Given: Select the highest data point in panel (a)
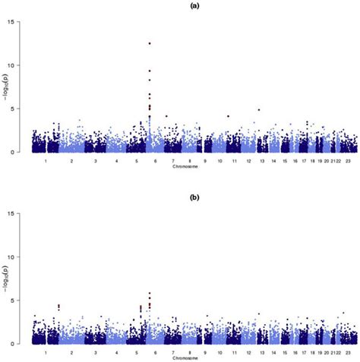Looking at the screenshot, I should coord(150,43).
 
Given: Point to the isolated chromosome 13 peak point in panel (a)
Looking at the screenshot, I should coord(259,109).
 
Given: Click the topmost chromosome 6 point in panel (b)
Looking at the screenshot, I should coord(150,293).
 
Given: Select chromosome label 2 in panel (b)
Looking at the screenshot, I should coord(71,353).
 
